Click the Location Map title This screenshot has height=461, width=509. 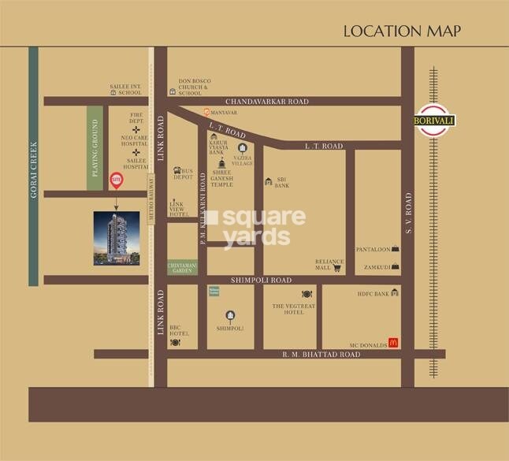click(x=402, y=32)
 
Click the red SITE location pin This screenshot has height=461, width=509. click(x=117, y=180)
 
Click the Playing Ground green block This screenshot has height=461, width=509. click(x=95, y=147)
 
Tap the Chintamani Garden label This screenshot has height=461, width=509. click(x=182, y=268)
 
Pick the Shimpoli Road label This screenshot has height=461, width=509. click(x=261, y=280)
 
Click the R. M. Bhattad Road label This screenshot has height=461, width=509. click(x=321, y=355)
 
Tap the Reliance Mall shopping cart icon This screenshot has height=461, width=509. click(x=336, y=268)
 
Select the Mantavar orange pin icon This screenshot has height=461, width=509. click(x=206, y=113)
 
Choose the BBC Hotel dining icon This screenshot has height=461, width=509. click(x=175, y=342)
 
